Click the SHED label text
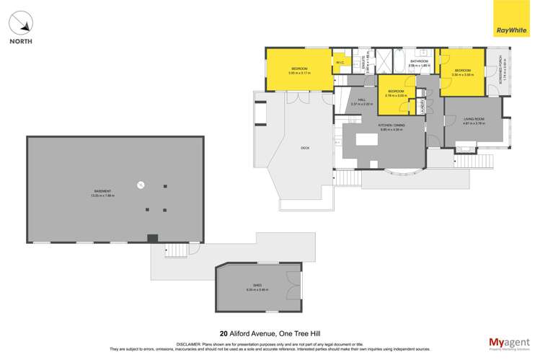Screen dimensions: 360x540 tap(249, 287)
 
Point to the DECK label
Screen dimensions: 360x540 tap(305, 148)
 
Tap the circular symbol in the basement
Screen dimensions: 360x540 tap(141, 185)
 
